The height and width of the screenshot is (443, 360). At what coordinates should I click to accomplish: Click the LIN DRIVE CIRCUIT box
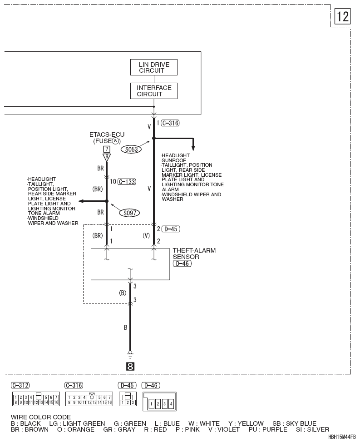tap(153, 67)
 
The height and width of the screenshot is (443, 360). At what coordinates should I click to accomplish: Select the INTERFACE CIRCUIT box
tap(153, 91)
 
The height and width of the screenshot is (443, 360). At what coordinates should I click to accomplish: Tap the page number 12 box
tap(342, 16)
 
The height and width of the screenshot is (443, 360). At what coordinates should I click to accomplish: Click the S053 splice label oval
tap(131, 149)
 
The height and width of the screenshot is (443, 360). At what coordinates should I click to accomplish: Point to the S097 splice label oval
tap(129, 213)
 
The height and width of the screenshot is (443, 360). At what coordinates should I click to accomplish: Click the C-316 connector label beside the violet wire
tap(170, 123)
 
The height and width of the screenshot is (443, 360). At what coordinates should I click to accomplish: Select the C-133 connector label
tap(127, 182)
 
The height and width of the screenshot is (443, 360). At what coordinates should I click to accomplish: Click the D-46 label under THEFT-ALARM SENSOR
tap(182, 264)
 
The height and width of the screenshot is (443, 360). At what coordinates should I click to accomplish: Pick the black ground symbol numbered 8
tap(130, 366)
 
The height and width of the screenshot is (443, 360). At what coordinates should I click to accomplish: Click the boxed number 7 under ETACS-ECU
tap(107, 149)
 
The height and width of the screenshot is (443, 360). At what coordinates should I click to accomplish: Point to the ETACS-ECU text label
tap(107, 134)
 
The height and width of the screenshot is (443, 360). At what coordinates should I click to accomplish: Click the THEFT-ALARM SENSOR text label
tap(194, 254)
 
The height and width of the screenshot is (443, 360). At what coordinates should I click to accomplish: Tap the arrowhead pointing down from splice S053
tap(193, 148)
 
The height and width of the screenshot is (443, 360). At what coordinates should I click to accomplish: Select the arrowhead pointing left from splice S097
tap(81, 201)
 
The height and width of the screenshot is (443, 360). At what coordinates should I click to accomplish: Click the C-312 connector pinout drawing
tap(36, 399)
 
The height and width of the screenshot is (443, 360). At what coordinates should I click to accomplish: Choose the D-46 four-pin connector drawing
tap(159, 402)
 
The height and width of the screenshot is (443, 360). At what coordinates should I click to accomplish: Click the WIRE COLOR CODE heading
tap(41, 417)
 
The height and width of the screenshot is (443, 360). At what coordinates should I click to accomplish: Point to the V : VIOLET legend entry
tap(224, 429)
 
